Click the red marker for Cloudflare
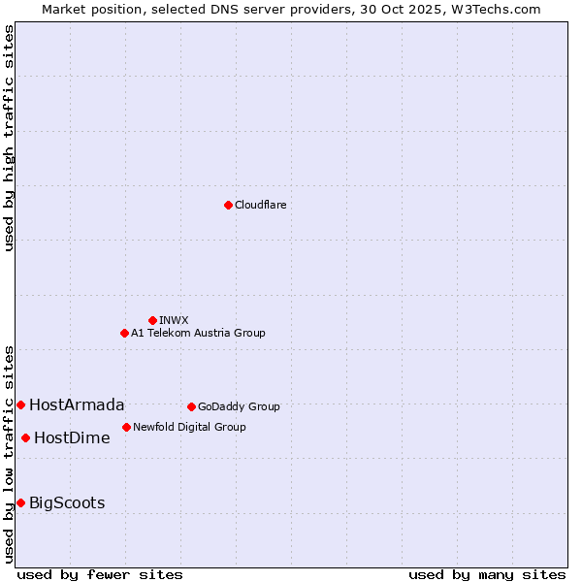[x=228, y=205]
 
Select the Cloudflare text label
[x=260, y=206]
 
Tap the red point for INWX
[x=152, y=320]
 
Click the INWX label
[x=174, y=320]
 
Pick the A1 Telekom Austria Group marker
[x=124, y=333]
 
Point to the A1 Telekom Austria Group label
[x=198, y=333]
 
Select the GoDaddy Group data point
[x=191, y=406]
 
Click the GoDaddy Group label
[x=239, y=407]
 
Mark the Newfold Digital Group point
[x=126, y=427]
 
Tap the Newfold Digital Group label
[x=189, y=427]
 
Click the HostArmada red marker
[x=20, y=404]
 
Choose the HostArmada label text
[x=77, y=405]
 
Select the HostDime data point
[x=25, y=437]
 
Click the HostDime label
[x=72, y=438]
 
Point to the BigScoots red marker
[x=20, y=502]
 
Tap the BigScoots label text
[x=67, y=503]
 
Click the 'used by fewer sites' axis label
[x=100, y=574]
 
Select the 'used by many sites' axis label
[x=487, y=574]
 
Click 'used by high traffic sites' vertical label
[x=10, y=138]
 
